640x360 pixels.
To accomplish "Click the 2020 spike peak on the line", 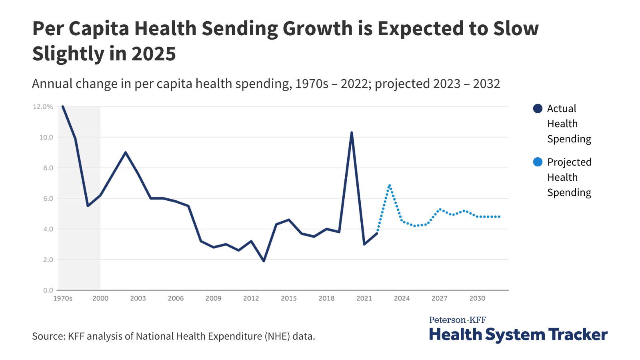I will [x=352, y=132].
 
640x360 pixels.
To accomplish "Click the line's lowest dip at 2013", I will [x=264, y=261].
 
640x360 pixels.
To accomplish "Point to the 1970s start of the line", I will [x=63, y=106].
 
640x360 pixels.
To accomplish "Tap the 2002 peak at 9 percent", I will [x=126, y=152].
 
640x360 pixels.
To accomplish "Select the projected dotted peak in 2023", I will [x=389, y=186].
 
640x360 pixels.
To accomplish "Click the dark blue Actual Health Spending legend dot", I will [x=538, y=108].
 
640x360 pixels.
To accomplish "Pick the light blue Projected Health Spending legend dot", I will [x=538, y=162].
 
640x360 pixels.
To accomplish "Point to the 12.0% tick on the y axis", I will [x=43, y=107].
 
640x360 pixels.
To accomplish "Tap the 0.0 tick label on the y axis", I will [x=48, y=290].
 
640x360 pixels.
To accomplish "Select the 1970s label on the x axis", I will [x=63, y=298].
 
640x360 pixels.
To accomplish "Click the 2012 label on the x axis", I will [x=251, y=298].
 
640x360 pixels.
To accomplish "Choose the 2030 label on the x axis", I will [x=477, y=298].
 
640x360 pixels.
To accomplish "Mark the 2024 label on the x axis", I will [x=402, y=298].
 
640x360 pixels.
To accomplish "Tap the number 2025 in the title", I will [x=154, y=54].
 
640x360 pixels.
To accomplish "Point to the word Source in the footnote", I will [x=48, y=336].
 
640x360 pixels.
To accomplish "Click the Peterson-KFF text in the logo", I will [x=458, y=320].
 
